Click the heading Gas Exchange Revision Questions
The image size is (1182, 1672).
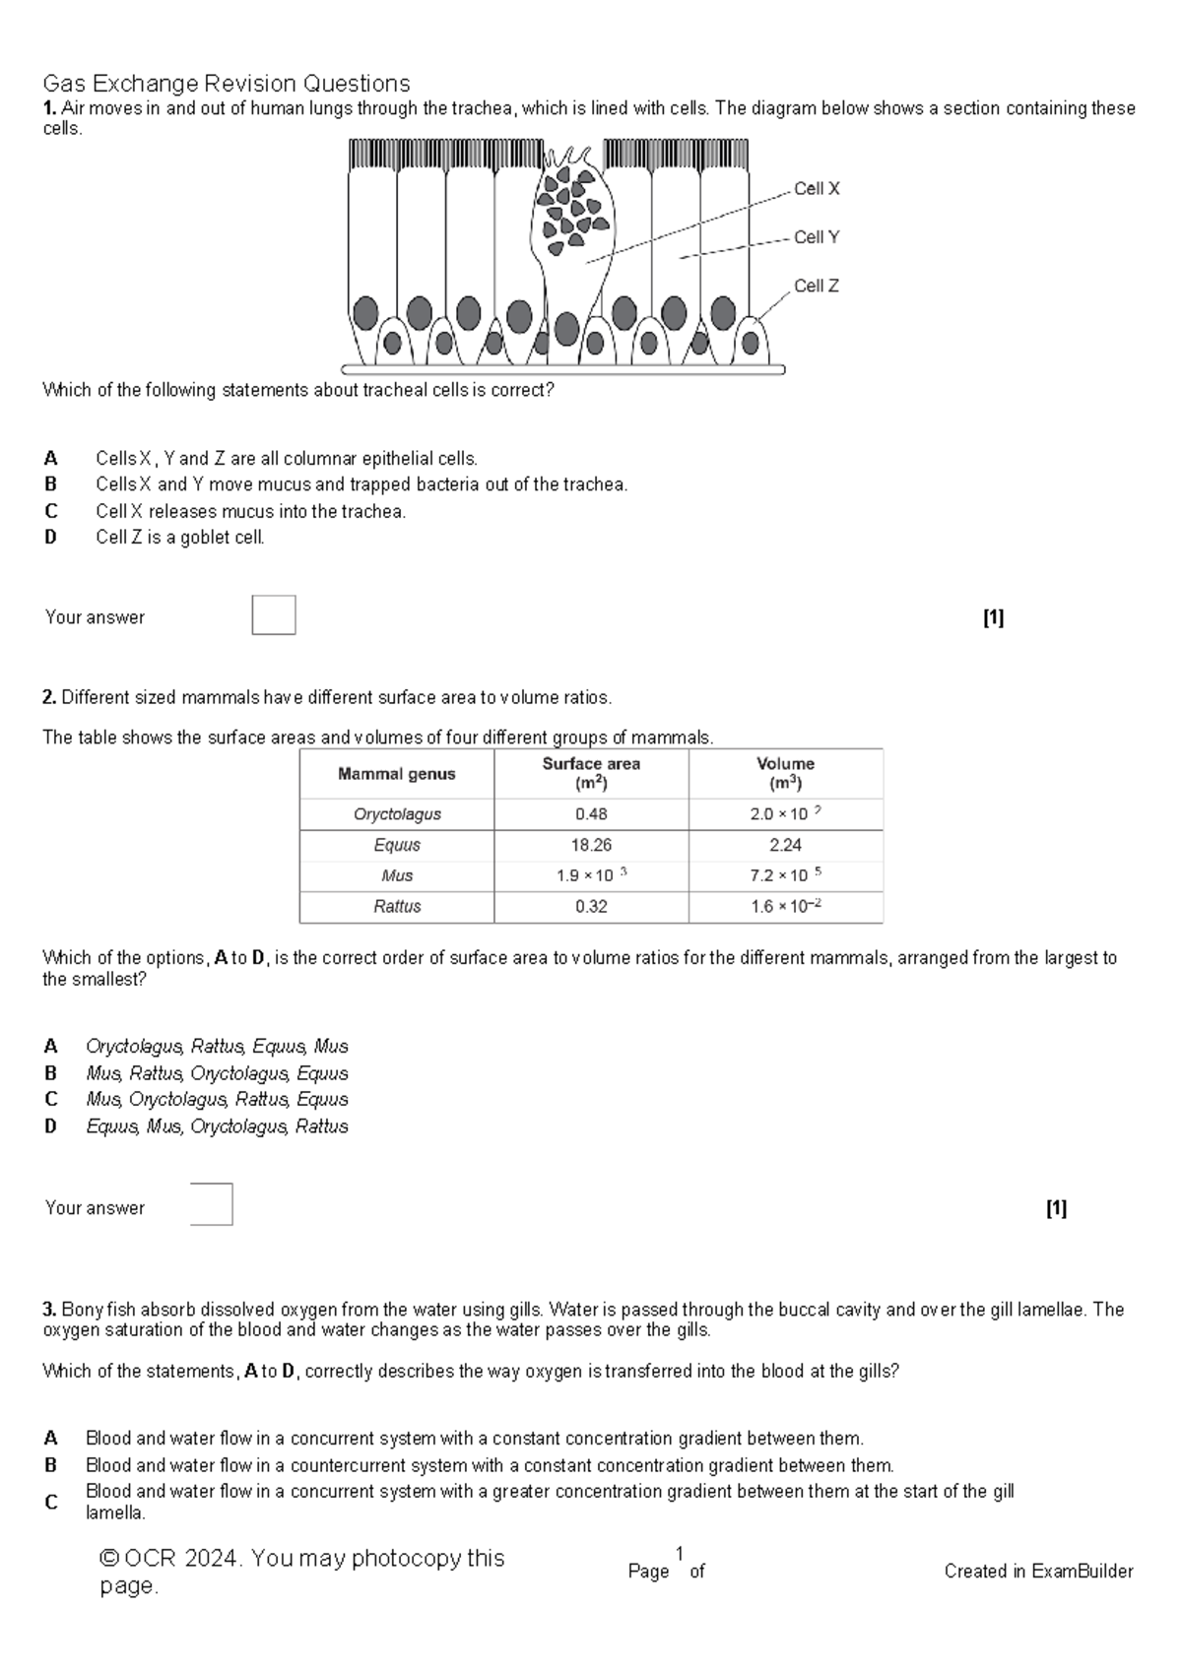(226, 84)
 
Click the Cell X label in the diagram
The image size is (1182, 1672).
(817, 189)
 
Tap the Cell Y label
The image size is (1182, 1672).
(817, 237)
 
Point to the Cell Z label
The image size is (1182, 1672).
(817, 286)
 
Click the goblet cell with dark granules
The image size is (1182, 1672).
(571, 212)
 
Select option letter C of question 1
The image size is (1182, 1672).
(51, 511)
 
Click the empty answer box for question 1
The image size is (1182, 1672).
(274, 615)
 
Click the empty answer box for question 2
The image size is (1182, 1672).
(212, 1204)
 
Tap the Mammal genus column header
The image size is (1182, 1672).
(396, 774)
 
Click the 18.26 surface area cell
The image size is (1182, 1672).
(591, 845)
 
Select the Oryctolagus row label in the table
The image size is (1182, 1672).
(397, 814)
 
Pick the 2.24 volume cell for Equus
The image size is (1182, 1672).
(785, 845)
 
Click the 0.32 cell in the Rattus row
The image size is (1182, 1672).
(591, 906)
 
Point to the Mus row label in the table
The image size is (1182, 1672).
(397, 875)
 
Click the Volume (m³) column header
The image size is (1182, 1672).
(785, 774)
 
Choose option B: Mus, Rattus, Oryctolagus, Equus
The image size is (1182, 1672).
(217, 1073)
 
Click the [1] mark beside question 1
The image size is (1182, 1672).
(993, 617)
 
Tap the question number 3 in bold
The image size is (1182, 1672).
(49, 1310)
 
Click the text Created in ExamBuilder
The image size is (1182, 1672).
(1038, 1572)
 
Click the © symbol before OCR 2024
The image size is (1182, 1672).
(109, 1559)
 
